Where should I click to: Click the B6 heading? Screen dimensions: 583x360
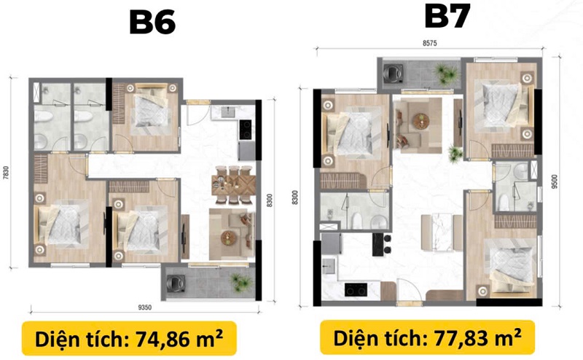click(x=152, y=23)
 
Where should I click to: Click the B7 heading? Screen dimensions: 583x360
click(x=447, y=16)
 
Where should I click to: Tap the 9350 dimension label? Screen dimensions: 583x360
click(x=144, y=308)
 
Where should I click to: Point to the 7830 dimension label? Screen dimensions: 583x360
click(x=6, y=173)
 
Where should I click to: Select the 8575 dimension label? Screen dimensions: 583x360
click(x=429, y=43)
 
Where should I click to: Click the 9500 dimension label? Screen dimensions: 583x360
click(x=555, y=182)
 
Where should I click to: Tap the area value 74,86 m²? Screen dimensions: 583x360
click(x=179, y=339)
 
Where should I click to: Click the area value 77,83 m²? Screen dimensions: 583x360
click(x=477, y=337)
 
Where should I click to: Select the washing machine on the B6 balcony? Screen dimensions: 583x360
click(x=174, y=283)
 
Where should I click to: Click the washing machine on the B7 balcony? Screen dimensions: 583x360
click(x=394, y=73)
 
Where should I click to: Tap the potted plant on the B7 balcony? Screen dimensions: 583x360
click(x=445, y=73)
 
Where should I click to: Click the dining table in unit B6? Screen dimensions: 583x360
click(x=233, y=184)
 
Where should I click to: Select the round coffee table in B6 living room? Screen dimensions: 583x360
click(x=227, y=238)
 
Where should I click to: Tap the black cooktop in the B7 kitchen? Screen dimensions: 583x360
click(x=356, y=290)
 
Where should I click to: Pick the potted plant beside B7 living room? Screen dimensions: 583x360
click(x=455, y=154)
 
